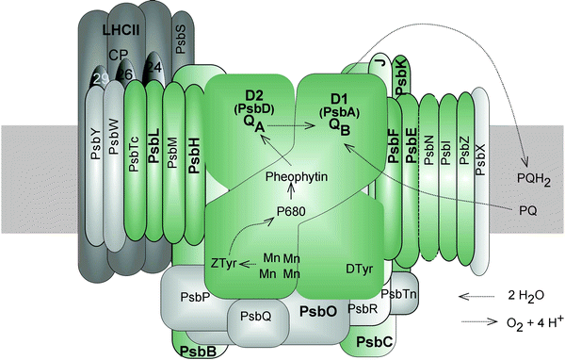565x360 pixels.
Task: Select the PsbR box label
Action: (363, 308)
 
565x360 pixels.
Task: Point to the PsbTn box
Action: (404, 294)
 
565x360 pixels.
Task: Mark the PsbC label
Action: (372, 337)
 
